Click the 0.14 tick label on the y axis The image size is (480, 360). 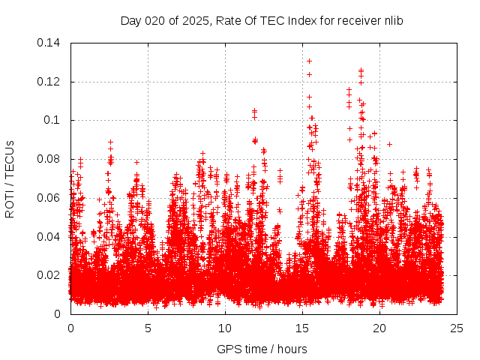51,43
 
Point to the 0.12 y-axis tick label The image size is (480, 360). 51,81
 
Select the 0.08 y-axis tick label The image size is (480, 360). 51,159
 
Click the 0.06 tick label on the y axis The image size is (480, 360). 51,198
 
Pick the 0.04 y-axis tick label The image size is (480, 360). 51,237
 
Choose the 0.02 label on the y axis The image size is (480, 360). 51,275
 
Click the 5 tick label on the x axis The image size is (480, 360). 148,328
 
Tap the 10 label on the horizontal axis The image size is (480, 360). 225,328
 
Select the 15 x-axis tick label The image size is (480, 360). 302,328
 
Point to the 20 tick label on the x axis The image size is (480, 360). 379,328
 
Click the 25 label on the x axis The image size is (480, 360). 457,328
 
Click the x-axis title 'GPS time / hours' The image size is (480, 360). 262,349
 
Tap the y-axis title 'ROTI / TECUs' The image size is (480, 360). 10,178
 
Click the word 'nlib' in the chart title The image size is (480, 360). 392,20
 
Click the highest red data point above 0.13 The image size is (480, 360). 309,61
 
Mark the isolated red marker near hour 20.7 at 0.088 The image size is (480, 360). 389,144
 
